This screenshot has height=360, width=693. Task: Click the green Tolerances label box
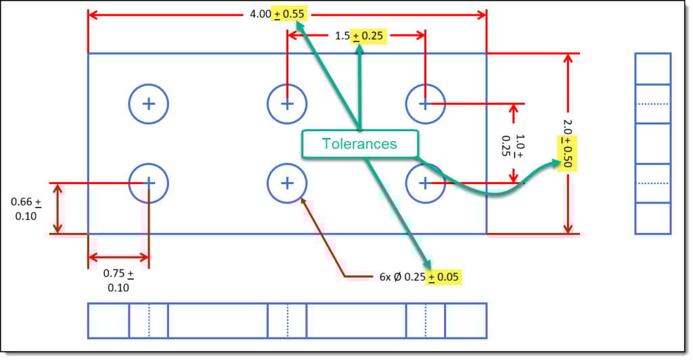pos(359,143)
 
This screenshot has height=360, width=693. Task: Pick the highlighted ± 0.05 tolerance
pos(445,276)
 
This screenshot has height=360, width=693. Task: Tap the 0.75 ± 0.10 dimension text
pos(118,280)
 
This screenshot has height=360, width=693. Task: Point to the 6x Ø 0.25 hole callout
pos(401,276)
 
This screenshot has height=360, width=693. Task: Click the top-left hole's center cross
pos(149,104)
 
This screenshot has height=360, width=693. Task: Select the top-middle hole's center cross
pos(287,104)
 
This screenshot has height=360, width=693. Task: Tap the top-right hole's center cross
pos(425,104)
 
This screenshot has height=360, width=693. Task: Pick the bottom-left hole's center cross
pos(149,183)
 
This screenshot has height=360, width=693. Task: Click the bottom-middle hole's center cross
pos(287,183)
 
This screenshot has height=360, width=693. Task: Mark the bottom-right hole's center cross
pos(425,183)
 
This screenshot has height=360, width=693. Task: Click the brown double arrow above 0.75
pos(118,257)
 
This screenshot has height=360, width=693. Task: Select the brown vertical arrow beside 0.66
pos(58,208)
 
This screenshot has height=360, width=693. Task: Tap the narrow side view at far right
pos(652,143)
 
